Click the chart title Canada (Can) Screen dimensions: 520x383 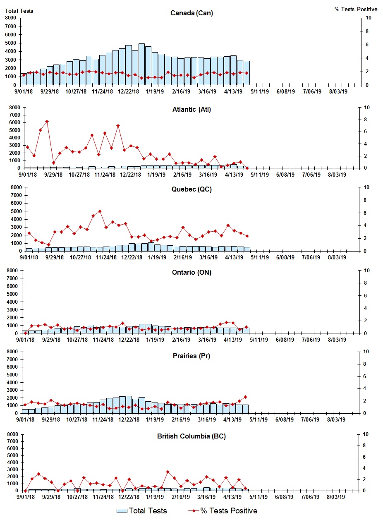[191, 13]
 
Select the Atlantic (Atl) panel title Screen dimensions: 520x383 [191, 110]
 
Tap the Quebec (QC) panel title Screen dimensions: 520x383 [191, 189]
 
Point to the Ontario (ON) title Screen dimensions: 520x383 [191, 273]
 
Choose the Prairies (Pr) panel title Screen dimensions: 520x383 [191, 356]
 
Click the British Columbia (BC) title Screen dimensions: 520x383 [191, 436]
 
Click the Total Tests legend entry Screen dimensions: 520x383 [142, 511]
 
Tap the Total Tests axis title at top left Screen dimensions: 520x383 [19, 11]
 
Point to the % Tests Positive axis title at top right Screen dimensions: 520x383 [356, 9]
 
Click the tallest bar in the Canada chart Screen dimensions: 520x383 [141, 64]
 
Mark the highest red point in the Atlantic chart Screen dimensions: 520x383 [47, 121]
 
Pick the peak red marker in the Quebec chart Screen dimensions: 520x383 [100, 211]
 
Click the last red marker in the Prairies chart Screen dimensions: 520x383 [245, 397]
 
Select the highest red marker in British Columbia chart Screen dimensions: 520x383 [168, 472]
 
